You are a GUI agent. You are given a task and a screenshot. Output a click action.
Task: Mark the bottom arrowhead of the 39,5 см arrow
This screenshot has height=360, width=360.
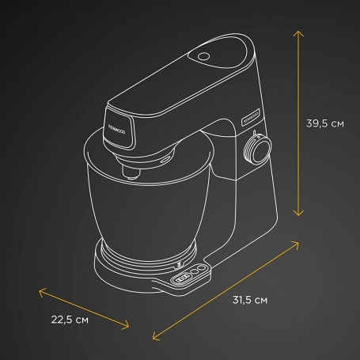[298, 214]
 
